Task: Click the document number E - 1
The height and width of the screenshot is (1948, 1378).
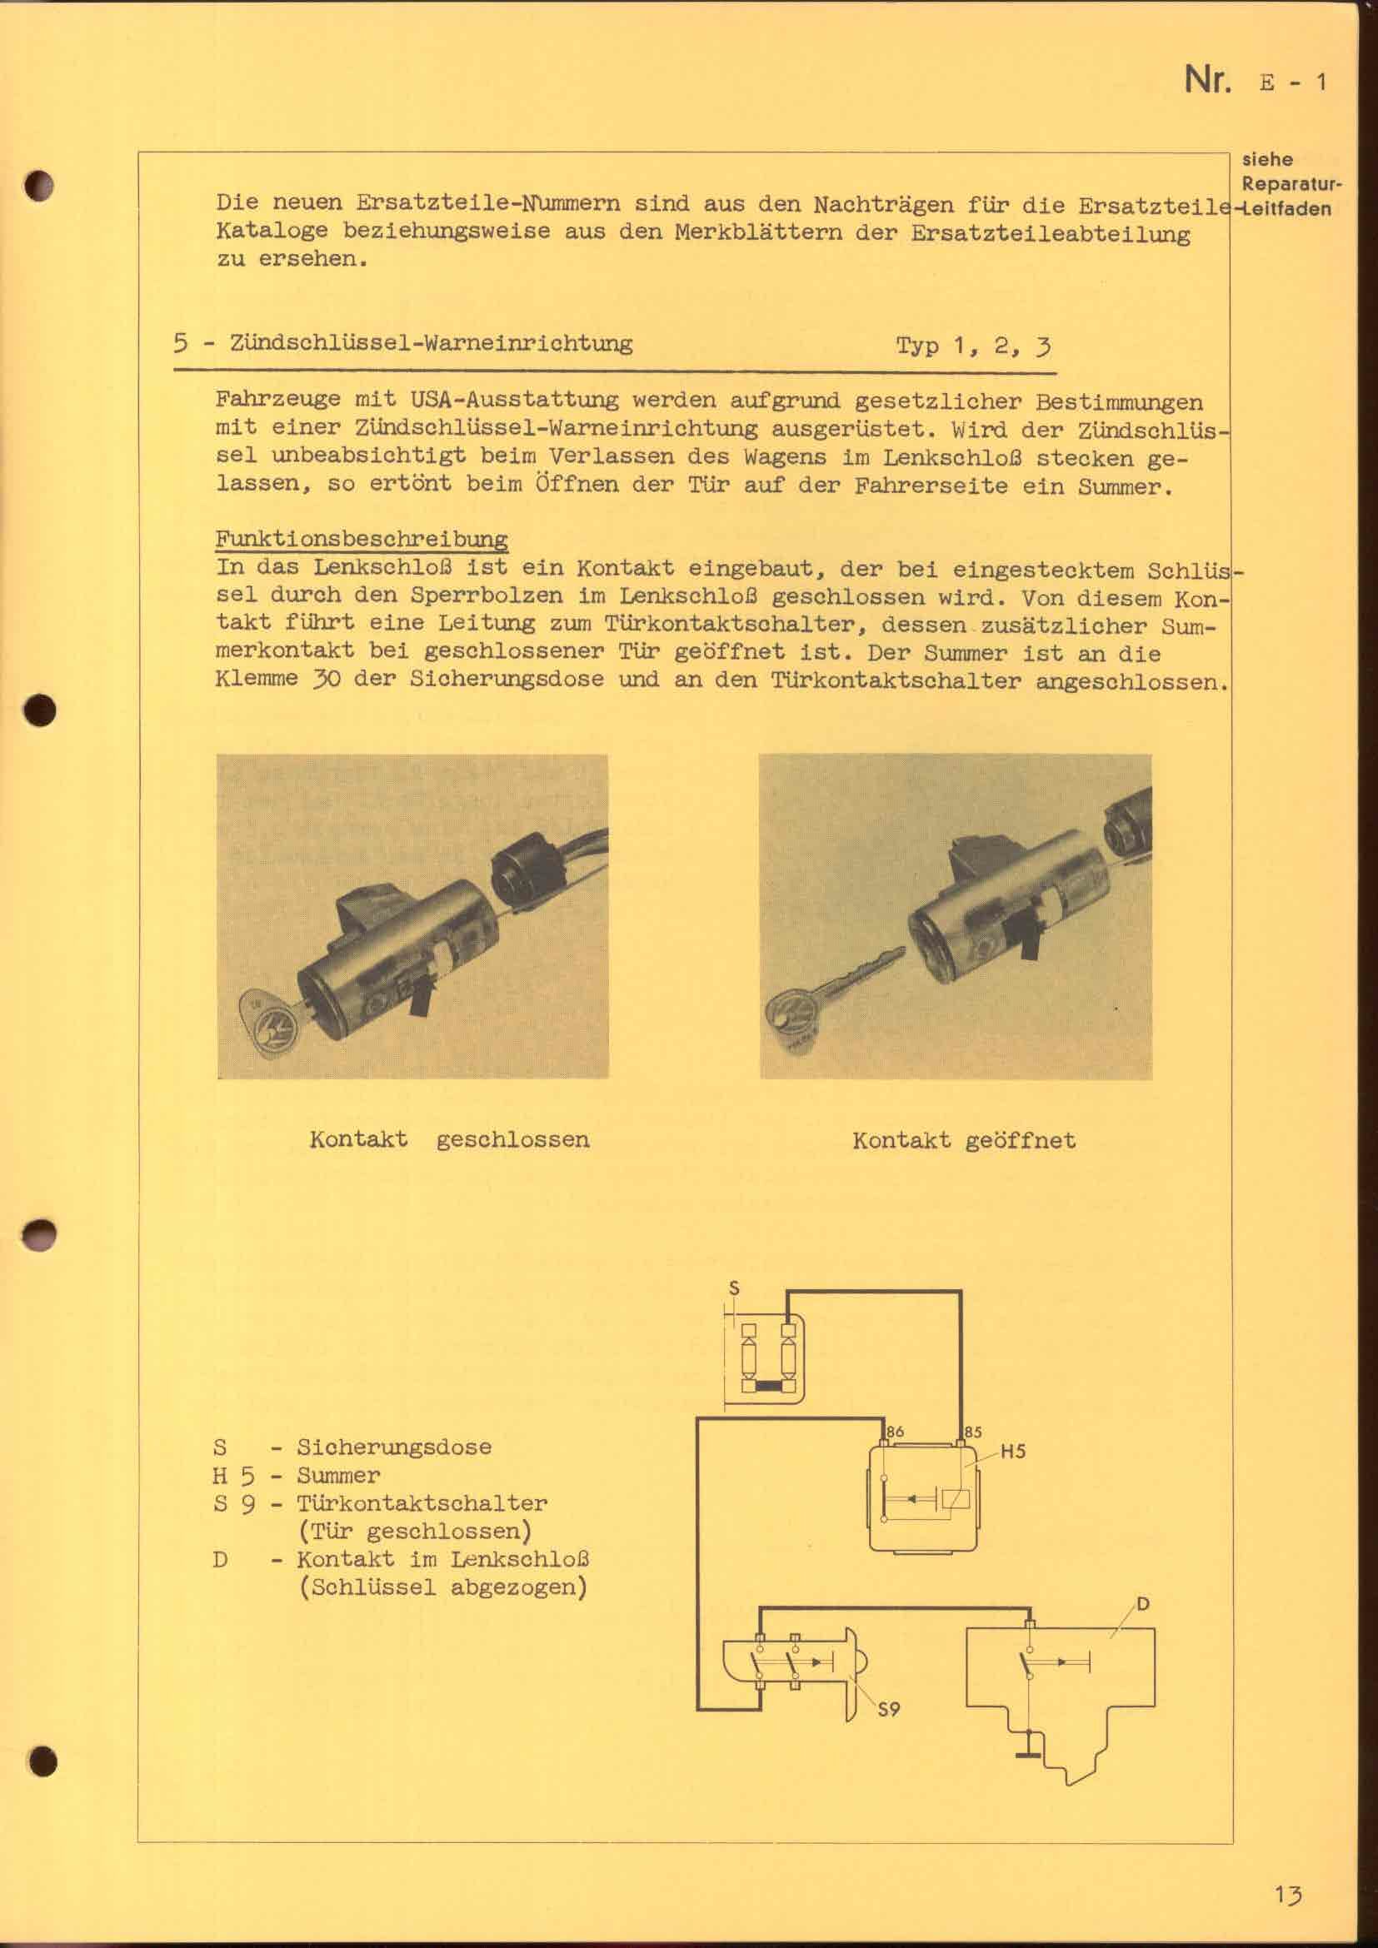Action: pos(1293,82)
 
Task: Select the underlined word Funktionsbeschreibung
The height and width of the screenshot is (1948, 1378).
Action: pos(362,540)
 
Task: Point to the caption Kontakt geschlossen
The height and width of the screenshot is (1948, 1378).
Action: pos(449,1138)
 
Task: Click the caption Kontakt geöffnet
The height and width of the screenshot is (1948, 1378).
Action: pos(964,1139)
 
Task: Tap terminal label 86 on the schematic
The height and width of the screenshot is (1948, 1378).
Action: pos(895,1432)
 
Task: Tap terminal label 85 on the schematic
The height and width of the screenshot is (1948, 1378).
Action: pos(972,1432)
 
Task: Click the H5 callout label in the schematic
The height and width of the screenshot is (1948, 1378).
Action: pos(1012,1452)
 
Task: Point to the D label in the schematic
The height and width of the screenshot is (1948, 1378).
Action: pos(1143,1603)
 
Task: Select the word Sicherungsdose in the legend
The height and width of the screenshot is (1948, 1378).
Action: pos(394,1447)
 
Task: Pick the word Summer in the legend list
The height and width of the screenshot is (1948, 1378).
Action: pos(337,1476)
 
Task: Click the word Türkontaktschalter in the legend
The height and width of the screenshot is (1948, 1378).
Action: pos(422,1503)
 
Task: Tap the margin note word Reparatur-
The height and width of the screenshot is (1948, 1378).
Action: pos(1291,183)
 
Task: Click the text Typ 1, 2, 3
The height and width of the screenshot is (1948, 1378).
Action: pos(973,346)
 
